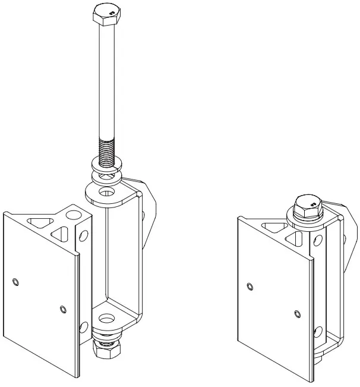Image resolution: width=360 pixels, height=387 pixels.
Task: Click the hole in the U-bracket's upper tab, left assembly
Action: coord(108,193)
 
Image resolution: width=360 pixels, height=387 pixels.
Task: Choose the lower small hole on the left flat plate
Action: coord(62,308)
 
